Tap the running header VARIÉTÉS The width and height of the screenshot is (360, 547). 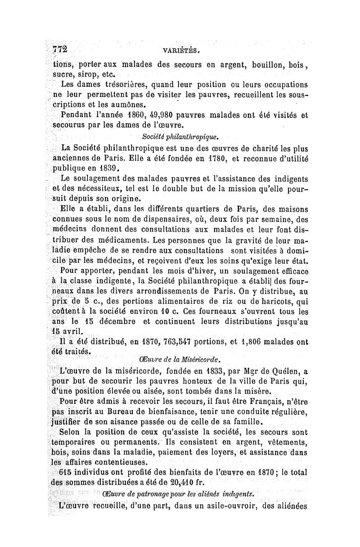click(186, 51)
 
